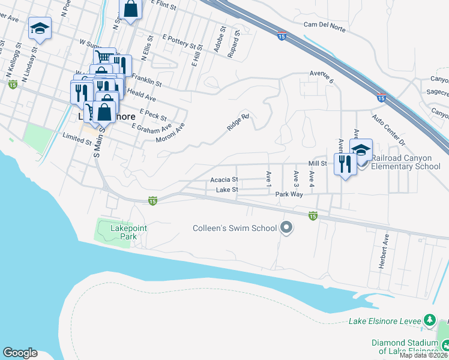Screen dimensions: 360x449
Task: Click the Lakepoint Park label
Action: [128, 232]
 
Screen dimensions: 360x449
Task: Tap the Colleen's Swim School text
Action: [235, 228]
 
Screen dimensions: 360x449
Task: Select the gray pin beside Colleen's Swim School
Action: [286, 227]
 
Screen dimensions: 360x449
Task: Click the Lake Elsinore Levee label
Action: [384, 321]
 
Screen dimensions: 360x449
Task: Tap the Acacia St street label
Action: [224, 179]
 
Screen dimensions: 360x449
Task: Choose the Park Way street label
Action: [289, 194]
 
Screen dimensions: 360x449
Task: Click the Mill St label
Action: [317, 163]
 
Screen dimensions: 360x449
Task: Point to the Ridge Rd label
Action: [238, 122]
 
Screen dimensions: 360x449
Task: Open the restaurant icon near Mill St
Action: [345, 163]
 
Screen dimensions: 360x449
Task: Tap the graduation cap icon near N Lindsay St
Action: [40, 28]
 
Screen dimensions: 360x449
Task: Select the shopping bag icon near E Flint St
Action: [131, 9]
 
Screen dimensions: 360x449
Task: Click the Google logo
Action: [20, 353]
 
